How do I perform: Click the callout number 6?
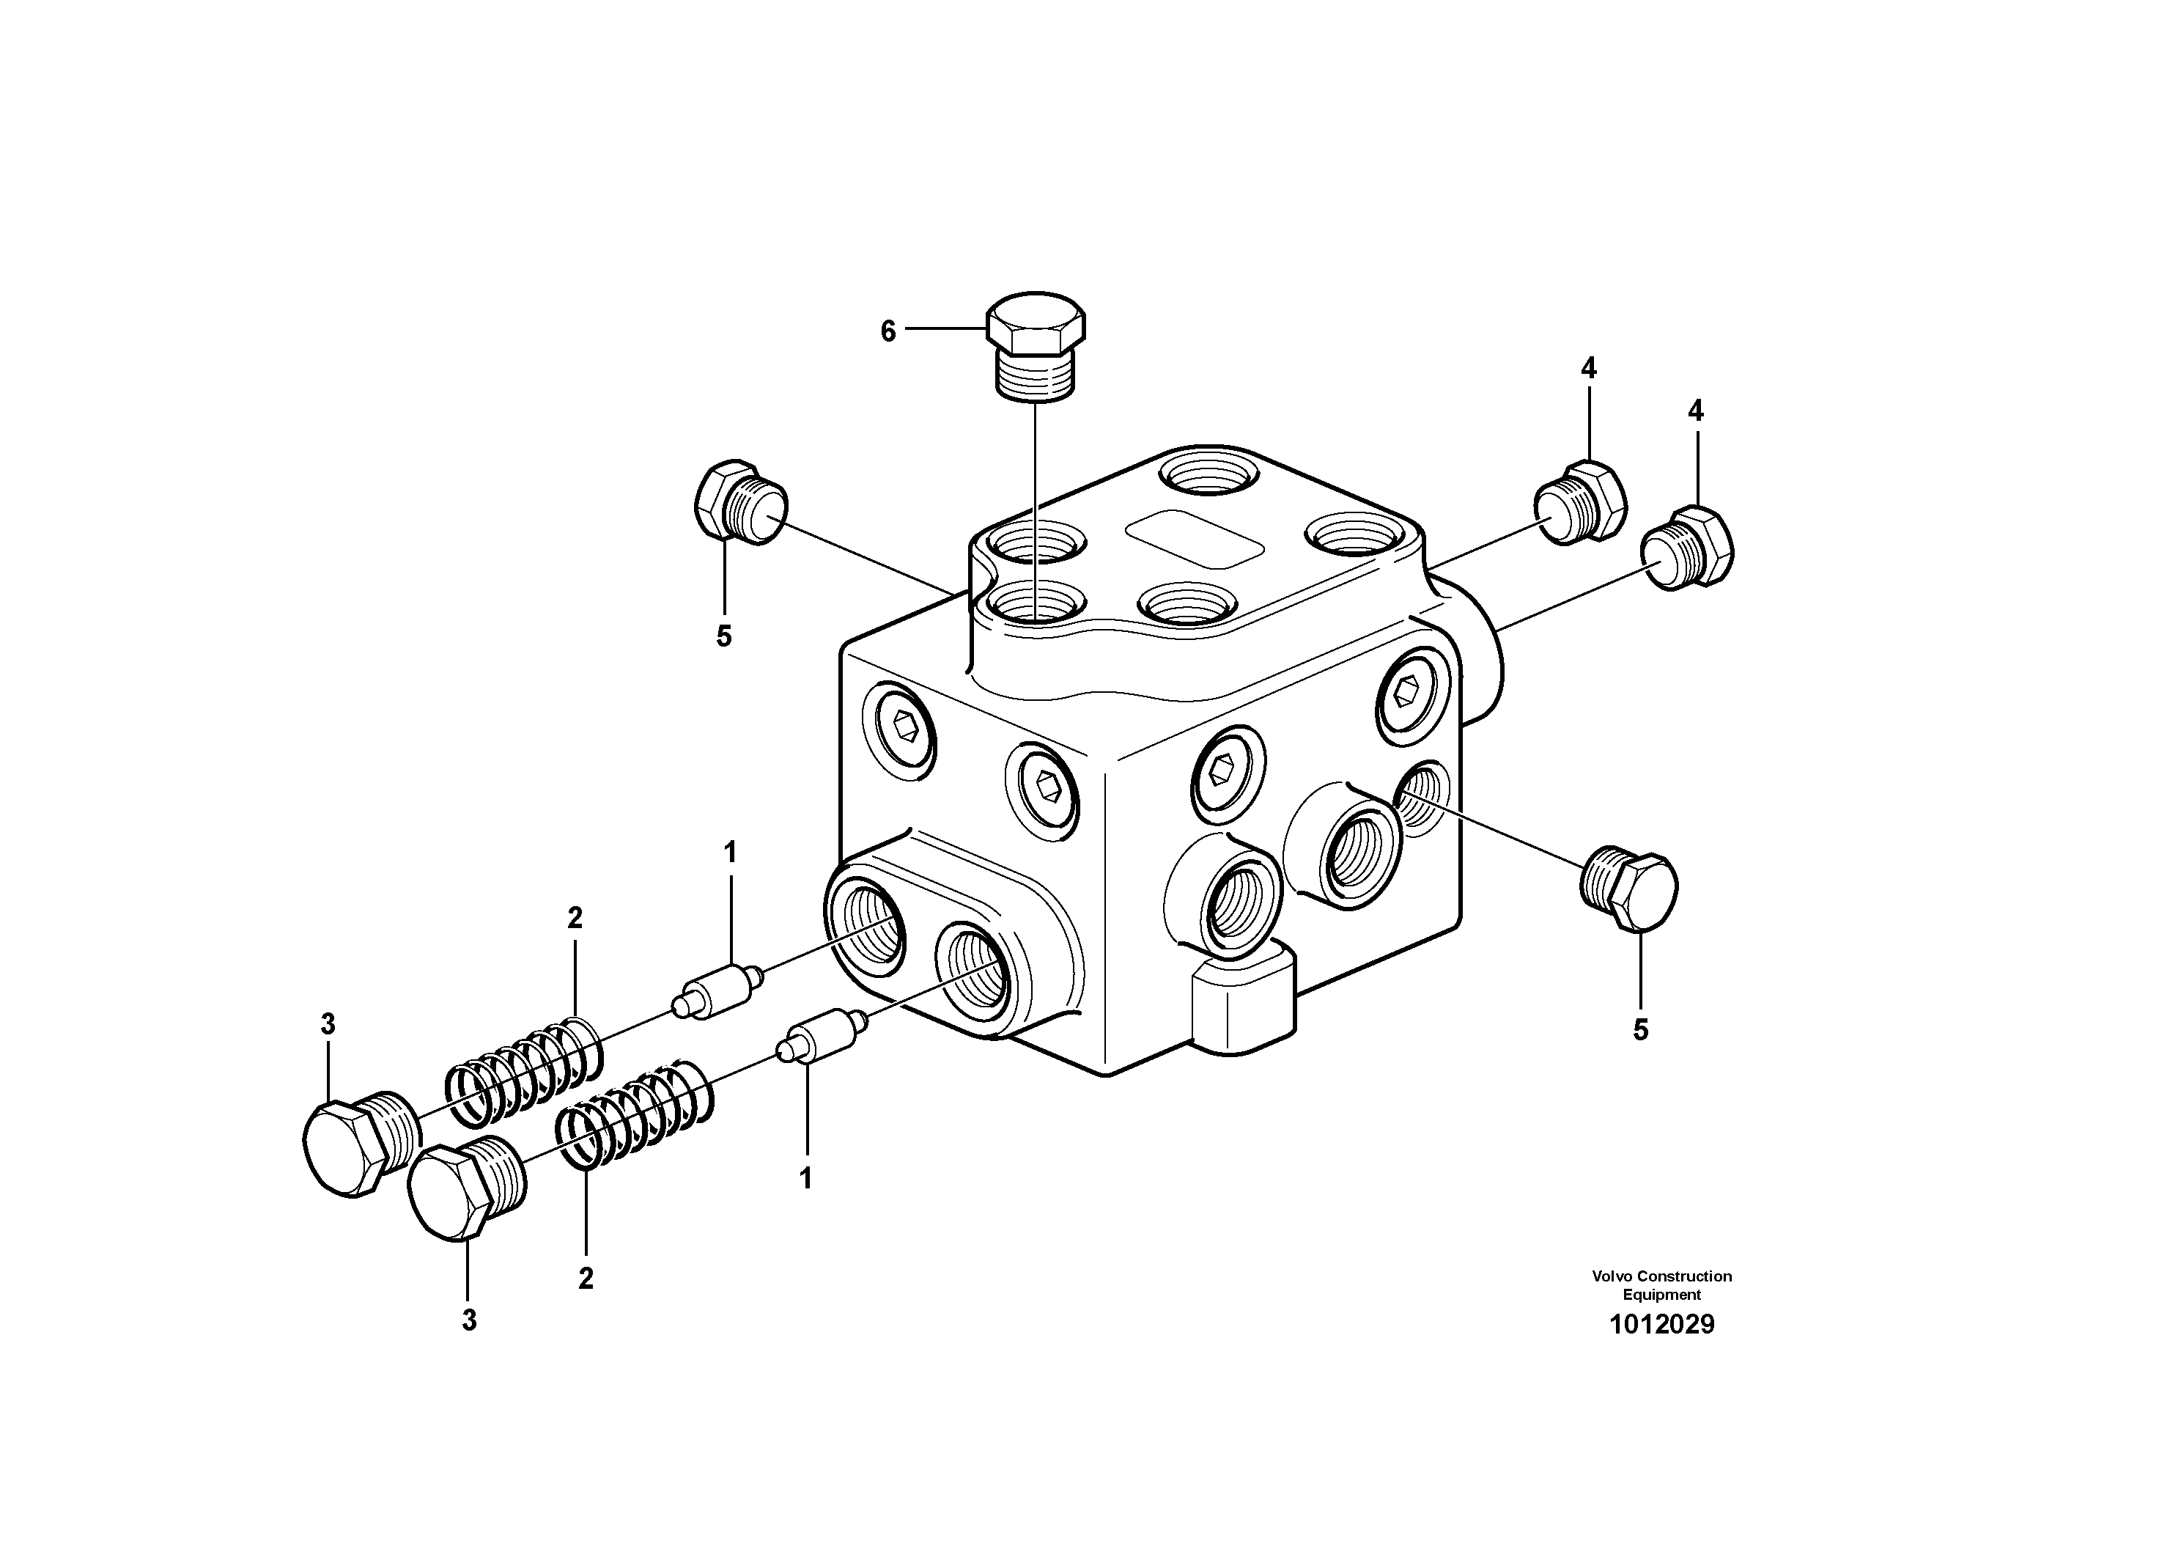pos(888,331)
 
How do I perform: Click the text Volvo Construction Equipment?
pos(1661,1284)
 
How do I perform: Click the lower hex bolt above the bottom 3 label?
pos(465,1188)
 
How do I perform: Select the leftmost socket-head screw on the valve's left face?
pos(898,731)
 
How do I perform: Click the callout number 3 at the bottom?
pos(469,1320)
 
